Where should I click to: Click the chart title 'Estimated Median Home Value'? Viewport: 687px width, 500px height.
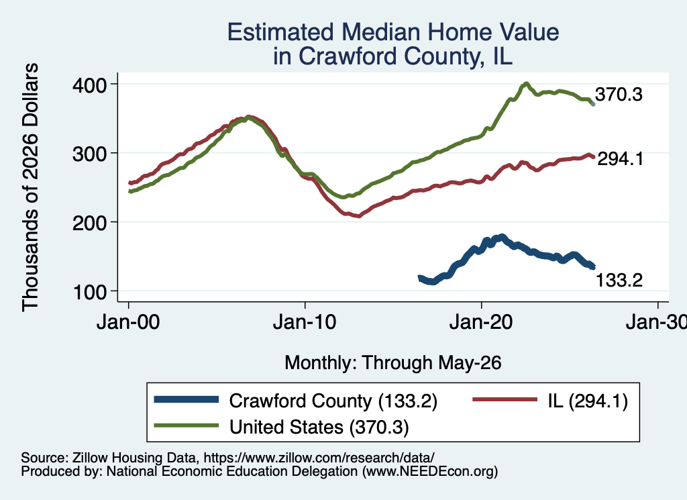point(393,32)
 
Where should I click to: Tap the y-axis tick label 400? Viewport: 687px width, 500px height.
point(90,85)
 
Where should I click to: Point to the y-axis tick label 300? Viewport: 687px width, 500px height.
point(90,154)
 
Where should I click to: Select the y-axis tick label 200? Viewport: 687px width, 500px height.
point(90,223)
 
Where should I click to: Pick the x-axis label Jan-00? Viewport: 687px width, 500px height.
point(128,322)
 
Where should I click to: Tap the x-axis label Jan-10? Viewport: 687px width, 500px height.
point(305,322)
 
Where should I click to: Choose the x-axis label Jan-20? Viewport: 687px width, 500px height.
point(481,322)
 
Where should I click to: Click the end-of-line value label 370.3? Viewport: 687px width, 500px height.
point(619,94)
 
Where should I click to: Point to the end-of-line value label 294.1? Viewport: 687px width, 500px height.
point(621,158)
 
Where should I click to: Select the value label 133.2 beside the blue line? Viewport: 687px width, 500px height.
point(619,280)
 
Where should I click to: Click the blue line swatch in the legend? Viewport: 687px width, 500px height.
point(187,399)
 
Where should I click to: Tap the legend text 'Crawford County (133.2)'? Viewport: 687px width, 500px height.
point(333,401)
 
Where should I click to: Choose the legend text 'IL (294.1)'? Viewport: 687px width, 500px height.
point(588,401)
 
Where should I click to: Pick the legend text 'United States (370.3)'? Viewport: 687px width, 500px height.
point(319,428)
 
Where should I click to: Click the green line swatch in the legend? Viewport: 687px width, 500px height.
point(187,426)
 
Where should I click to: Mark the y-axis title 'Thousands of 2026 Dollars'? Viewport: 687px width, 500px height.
point(31,187)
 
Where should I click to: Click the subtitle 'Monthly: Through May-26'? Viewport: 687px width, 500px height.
point(393,363)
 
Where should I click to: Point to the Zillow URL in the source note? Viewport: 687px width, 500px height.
point(319,458)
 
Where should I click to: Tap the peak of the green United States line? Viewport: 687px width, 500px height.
point(526,83)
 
